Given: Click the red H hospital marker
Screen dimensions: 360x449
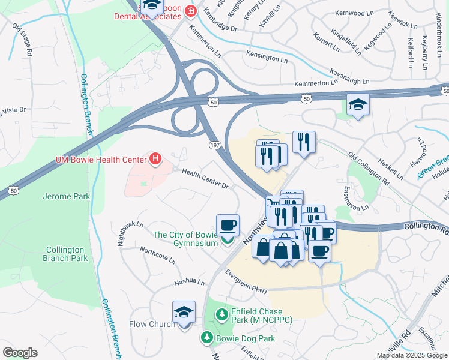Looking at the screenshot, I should [x=155, y=159].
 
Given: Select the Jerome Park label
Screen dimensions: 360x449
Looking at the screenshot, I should [x=65, y=196].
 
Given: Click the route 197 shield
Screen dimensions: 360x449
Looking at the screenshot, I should [x=214, y=145].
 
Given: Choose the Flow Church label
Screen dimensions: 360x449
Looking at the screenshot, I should [x=152, y=324].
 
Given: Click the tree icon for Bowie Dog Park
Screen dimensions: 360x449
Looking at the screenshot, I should [x=207, y=338].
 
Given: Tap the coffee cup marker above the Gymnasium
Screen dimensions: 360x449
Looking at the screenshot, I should [x=228, y=226].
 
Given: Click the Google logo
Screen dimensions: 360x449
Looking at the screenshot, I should [x=20, y=353].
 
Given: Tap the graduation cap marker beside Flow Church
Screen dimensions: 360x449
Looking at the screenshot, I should [x=184, y=313].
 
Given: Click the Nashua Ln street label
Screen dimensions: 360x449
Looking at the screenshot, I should [x=190, y=281].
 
